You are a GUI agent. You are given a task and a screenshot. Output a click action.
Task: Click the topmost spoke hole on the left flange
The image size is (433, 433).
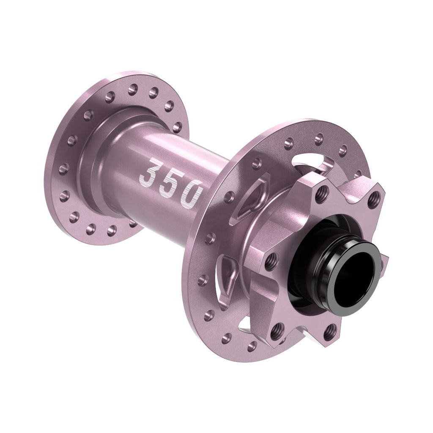coord(132,89)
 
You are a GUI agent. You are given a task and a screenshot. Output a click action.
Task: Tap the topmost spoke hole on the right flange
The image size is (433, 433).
coord(319,137)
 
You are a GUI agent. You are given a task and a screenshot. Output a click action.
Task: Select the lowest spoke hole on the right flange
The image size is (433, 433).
coord(252,346)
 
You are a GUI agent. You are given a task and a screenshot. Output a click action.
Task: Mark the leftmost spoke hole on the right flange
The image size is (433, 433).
coord(203,280)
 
